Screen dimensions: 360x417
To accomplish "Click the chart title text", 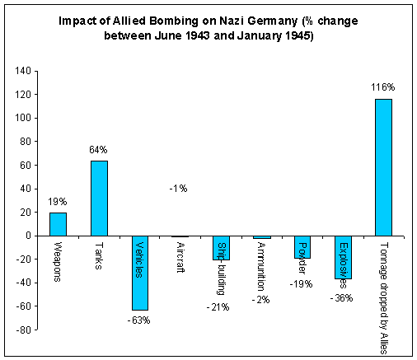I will coord(208,30).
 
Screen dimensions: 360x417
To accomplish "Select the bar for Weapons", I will coord(58,224).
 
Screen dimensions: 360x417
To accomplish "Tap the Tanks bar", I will coord(99,198).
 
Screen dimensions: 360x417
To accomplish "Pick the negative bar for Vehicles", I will coord(139,272).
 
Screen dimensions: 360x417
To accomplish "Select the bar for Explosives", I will coord(342,256).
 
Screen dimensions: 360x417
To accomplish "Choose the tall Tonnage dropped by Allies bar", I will coord(383,167).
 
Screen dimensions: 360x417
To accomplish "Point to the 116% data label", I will coord(383,86).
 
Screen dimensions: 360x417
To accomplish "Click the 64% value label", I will coord(99,149).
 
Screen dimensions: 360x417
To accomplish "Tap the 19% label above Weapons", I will coord(58,202).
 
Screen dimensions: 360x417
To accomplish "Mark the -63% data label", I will coord(139,320).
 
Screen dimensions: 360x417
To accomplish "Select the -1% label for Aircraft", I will coord(179,189).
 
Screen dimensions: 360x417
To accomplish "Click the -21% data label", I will coord(218,307).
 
